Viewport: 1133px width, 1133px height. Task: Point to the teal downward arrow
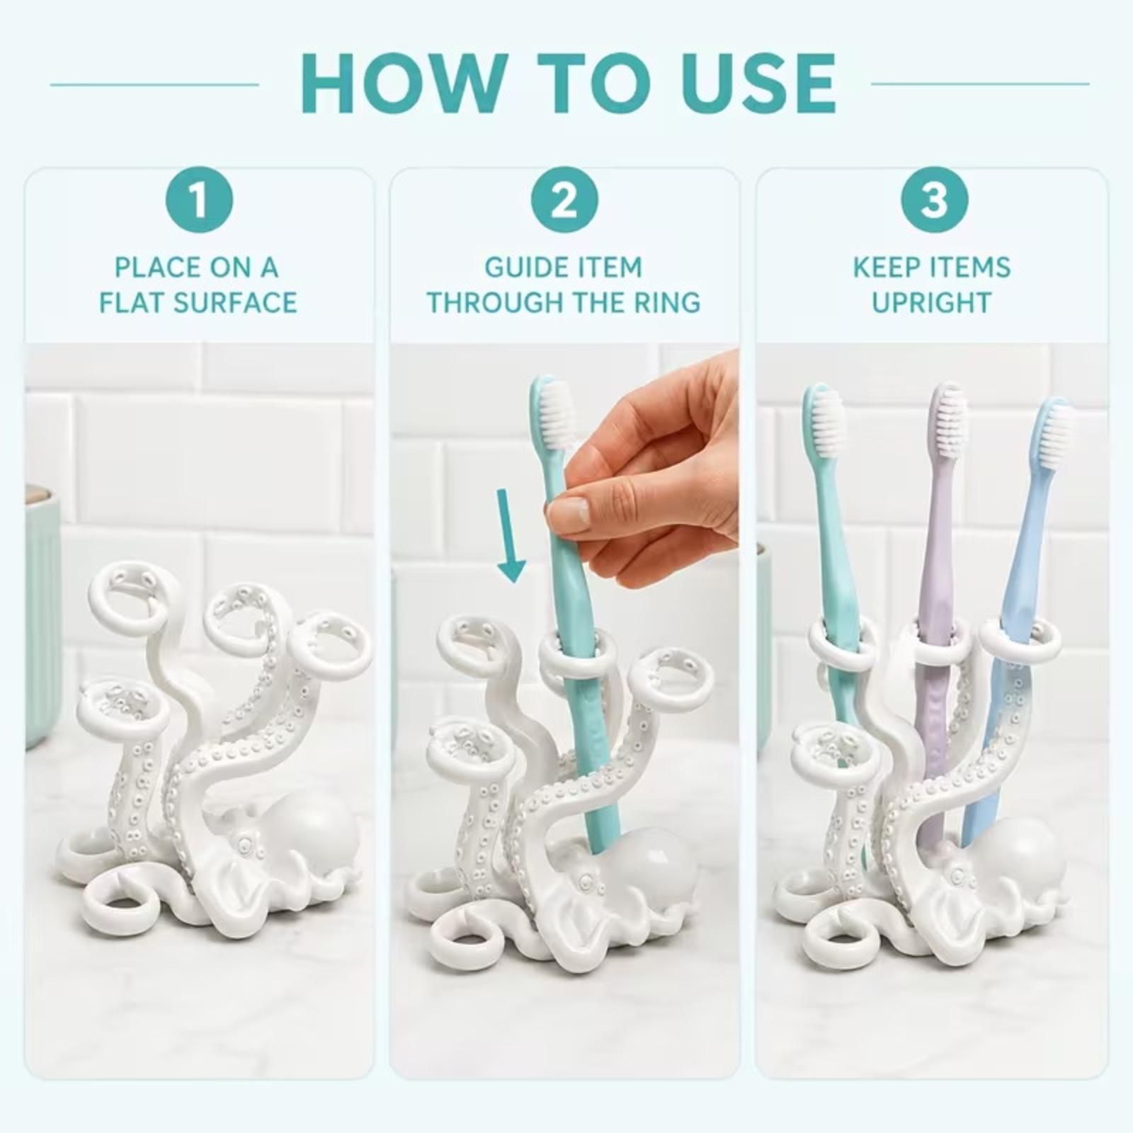pyautogui.click(x=510, y=536)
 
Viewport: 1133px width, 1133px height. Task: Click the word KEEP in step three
pyautogui.click(x=882, y=268)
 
